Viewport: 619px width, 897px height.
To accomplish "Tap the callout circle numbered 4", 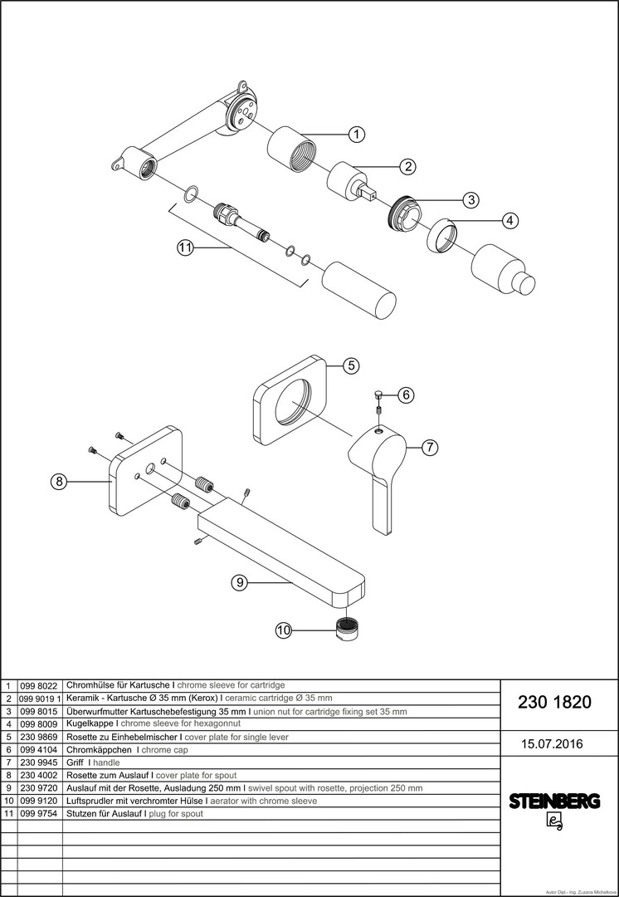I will [x=510, y=220].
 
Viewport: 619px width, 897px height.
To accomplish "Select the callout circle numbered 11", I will [x=185, y=247].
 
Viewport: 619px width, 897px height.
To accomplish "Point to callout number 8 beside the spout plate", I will [x=58, y=481].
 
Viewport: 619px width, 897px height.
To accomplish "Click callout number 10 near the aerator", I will [x=284, y=630].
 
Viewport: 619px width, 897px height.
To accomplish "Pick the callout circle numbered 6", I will [x=405, y=395].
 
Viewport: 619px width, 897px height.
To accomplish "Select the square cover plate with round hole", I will [x=290, y=402].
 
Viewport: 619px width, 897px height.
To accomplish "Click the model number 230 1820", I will [x=554, y=702].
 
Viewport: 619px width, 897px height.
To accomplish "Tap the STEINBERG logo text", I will [x=554, y=801].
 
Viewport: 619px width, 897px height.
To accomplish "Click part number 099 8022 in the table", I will [x=39, y=685].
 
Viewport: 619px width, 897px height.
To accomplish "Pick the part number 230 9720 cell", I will [x=39, y=787].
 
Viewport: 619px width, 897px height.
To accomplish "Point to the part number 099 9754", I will [x=39, y=813].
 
